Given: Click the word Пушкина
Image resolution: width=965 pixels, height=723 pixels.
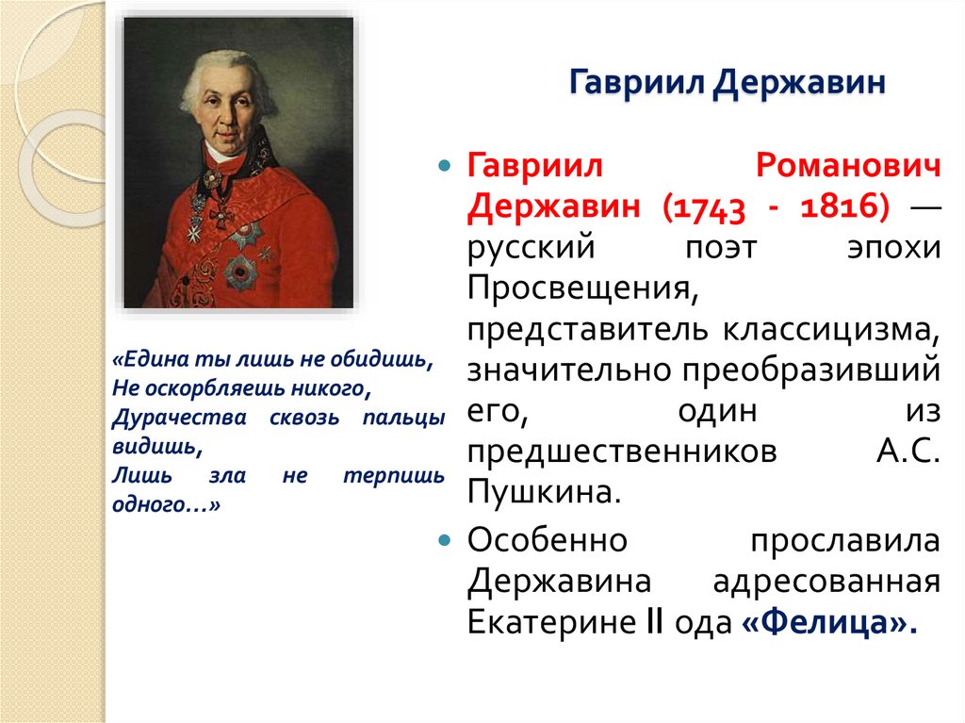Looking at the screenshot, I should coord(544,492).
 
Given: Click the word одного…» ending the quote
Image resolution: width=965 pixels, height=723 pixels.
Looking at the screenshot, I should coord(166,504).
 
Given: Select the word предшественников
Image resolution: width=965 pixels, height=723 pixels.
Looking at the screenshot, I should coord(622,452).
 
